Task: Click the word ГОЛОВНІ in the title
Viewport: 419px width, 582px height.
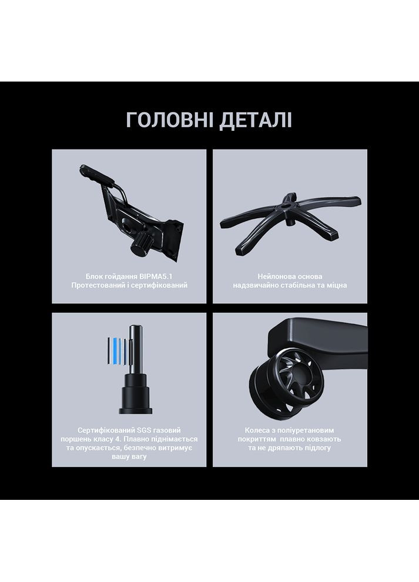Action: [x=170, y=120]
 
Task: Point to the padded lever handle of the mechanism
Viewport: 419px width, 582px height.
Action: [x=96, y=174]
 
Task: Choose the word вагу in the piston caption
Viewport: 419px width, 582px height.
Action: [x=139, y=457]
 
